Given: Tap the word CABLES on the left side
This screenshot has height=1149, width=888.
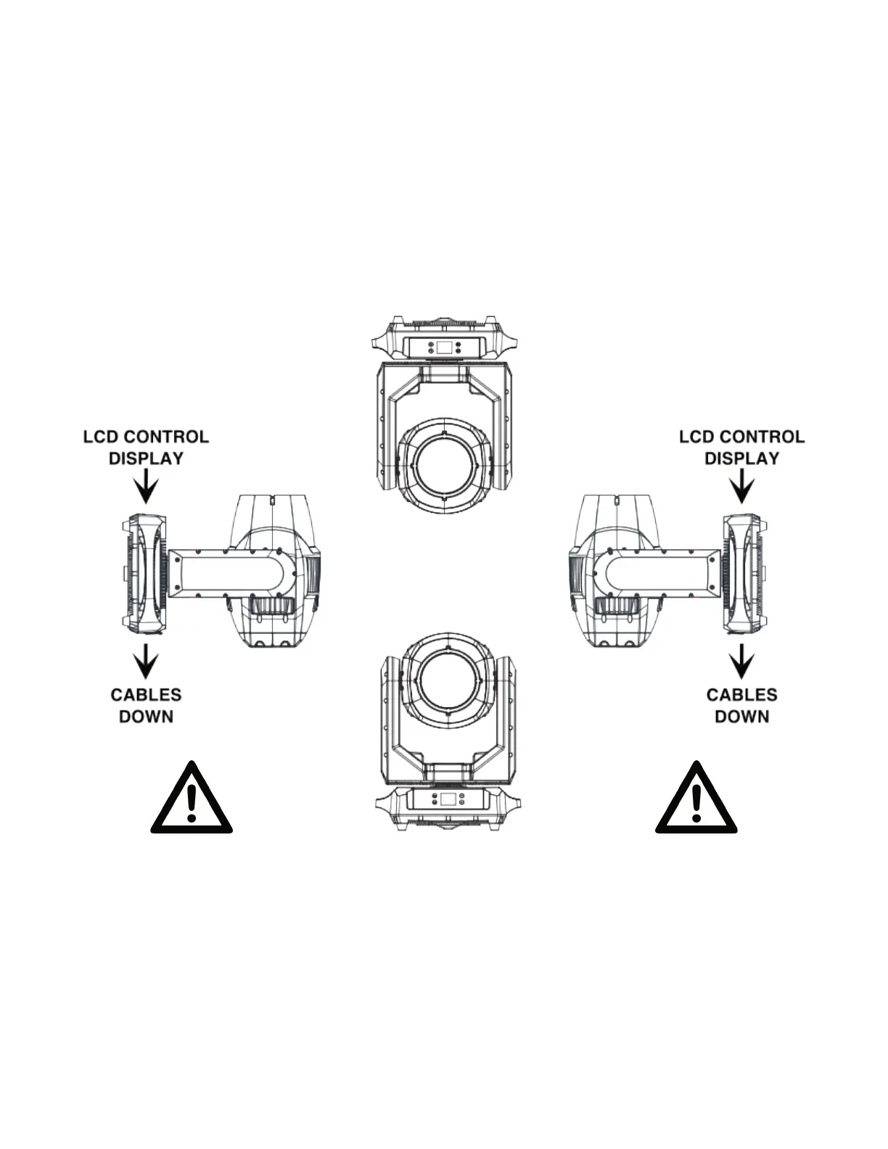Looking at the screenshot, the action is (x=146, y=695).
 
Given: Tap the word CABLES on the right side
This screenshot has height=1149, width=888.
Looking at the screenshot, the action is (x=742, y=695).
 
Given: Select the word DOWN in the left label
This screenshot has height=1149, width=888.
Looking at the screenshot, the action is (x=146, y=717).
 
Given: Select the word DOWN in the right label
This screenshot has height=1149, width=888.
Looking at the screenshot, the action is (x=742, y=717).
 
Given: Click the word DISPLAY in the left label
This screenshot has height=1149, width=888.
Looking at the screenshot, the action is (x=146, y=458).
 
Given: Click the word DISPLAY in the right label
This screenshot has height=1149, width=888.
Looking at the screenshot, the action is (x=742, y=458).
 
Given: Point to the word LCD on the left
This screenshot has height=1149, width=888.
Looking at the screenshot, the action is (x=101, y=437).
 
